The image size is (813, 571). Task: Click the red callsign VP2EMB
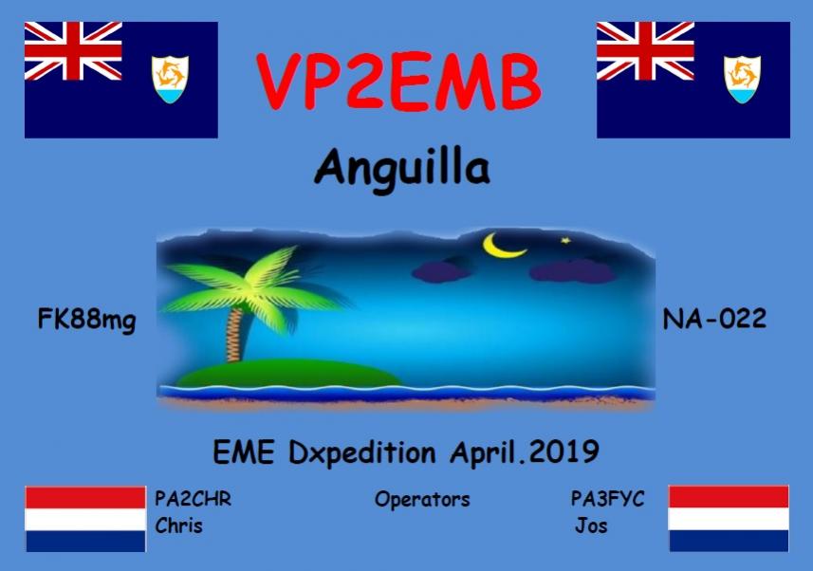click(398, 81)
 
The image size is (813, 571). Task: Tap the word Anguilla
click(402, 169)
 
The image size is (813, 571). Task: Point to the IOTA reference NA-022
click(714, 319)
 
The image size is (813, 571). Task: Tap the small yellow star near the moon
click(567, 240)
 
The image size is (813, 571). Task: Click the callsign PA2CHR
click(193, 498)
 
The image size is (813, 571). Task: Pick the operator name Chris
click(178, 525)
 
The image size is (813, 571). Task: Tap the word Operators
click(422, 499)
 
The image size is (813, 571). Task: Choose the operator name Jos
click(591, 525)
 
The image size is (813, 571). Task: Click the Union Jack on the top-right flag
click(645, 51)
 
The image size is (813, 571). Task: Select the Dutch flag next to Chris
click(85, 519)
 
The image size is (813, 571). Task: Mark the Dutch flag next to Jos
click(729, 519)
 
